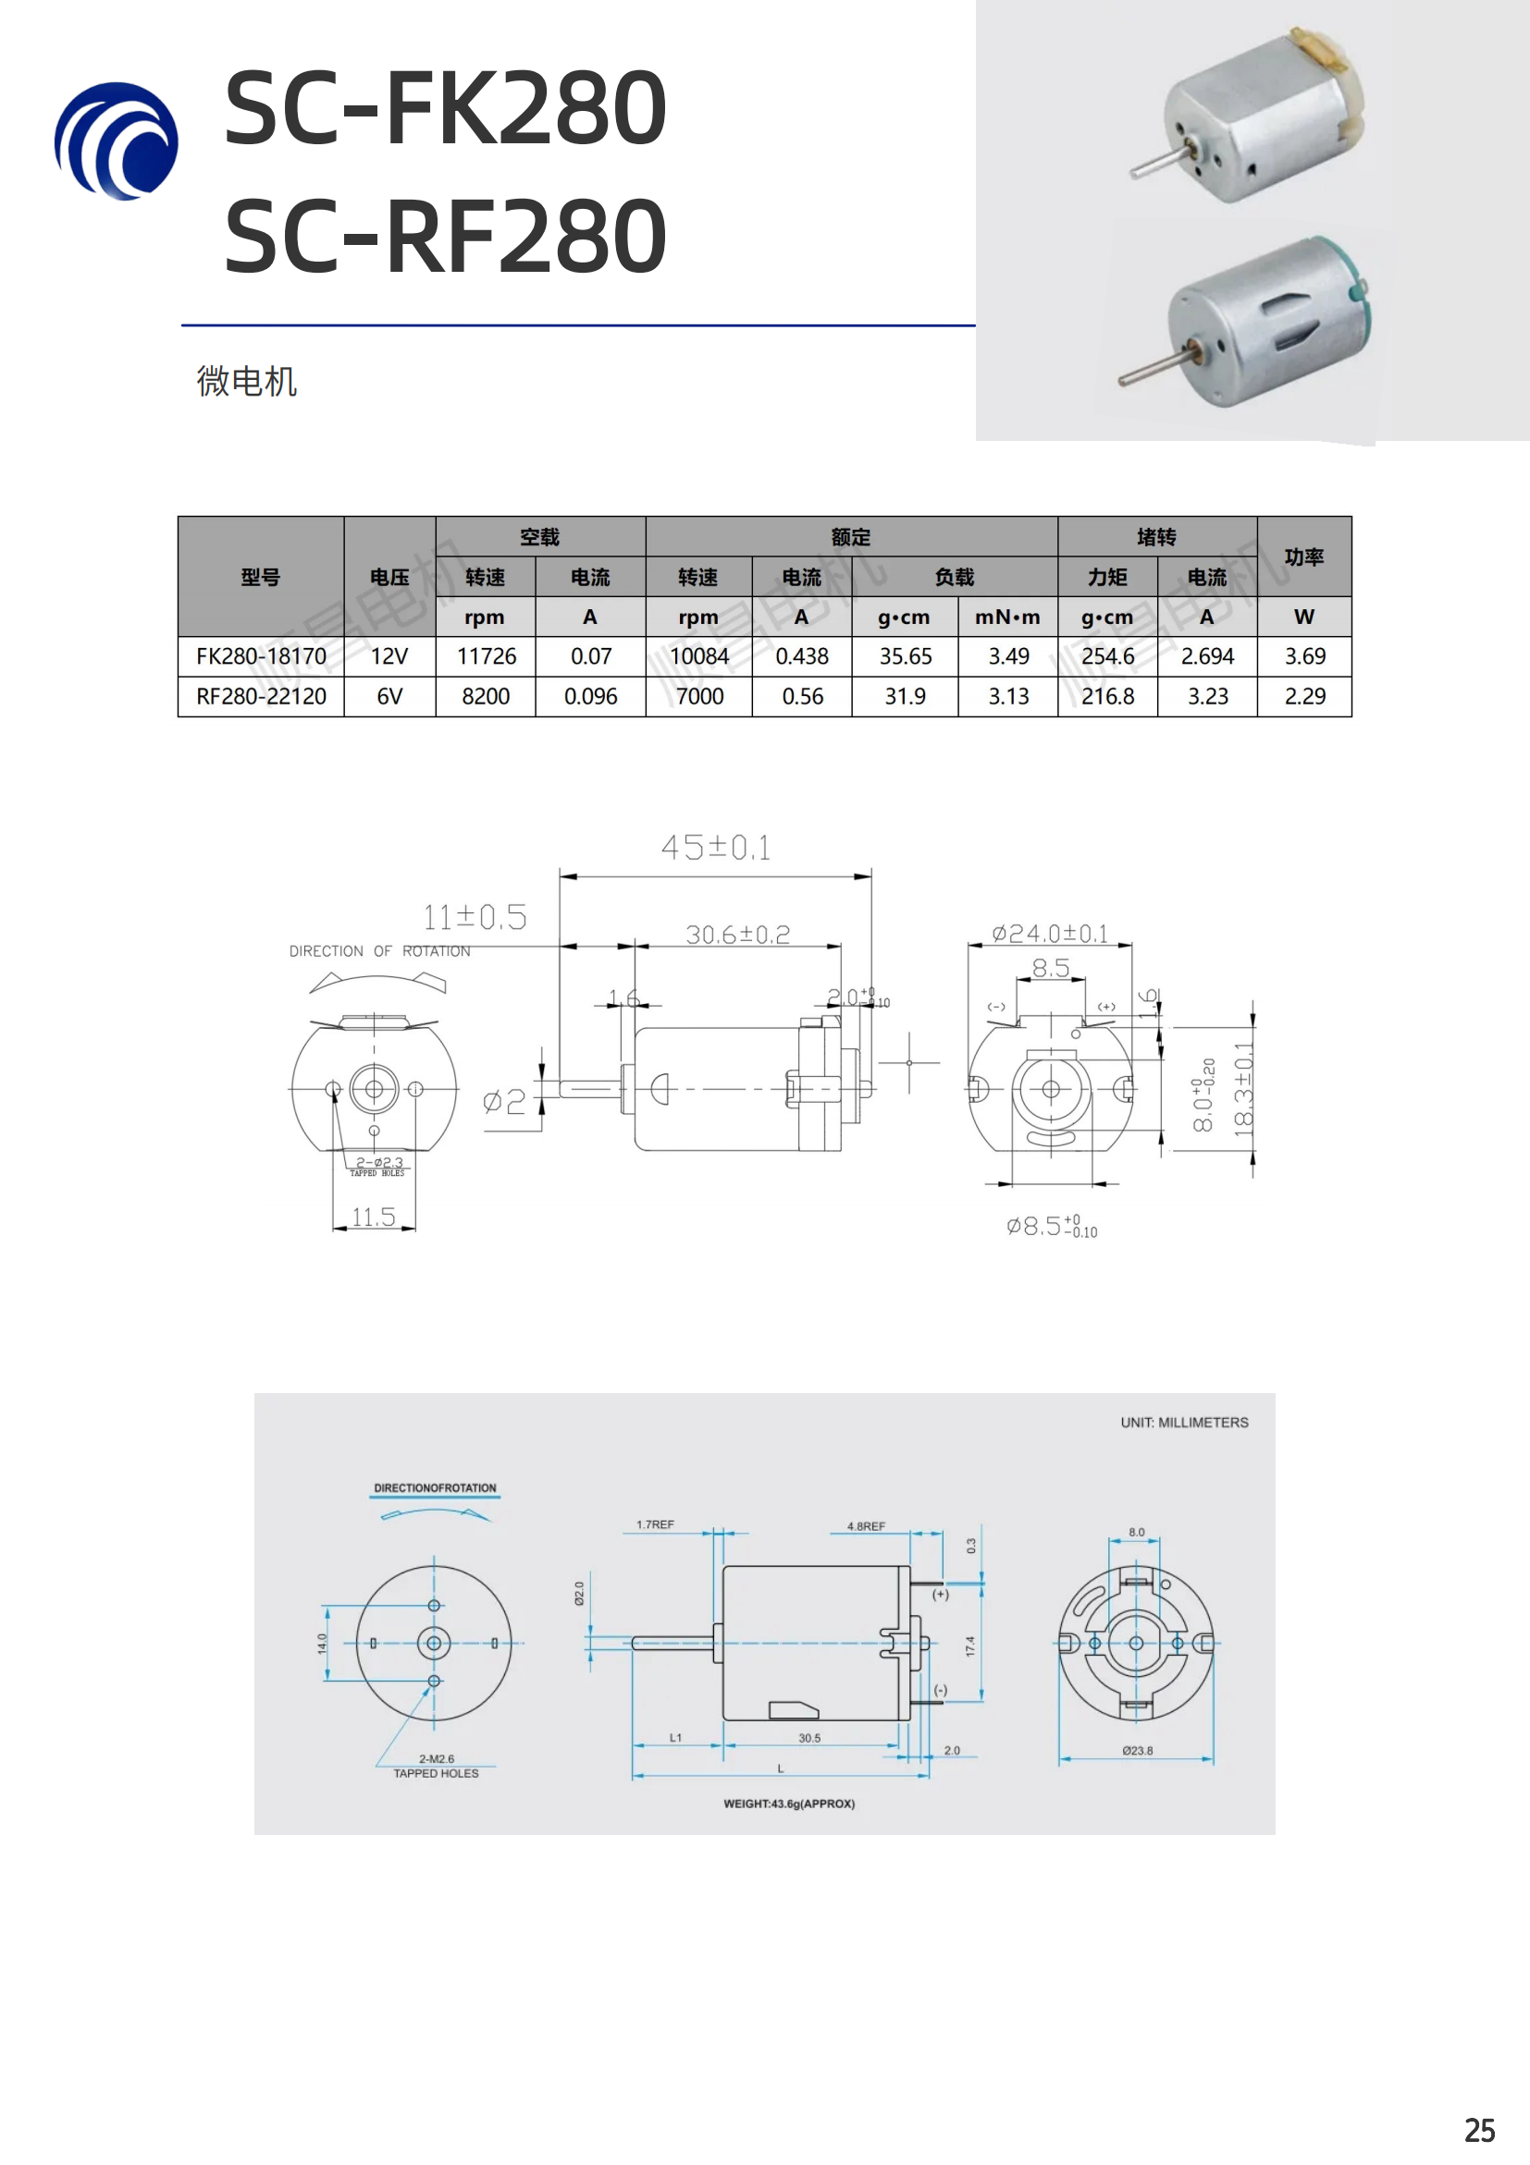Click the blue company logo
pyautogui.click(x=116, y=141)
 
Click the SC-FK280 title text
pyautogui.click(x=445, y=107)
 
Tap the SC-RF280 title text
pyautogui.click(x=445, y=236)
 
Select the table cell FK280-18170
pyautogui.click(x=261, y=656)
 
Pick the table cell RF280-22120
pyautogui.click(x=261, y=697)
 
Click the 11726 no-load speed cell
pyautogui.click(x=486, y=656)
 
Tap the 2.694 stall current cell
pyautogui.click(x=1206, y=656)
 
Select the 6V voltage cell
pyautogui.click(x=389, y=697)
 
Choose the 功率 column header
pyautogui.click(x=1303, y=557)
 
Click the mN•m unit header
pyautogui.click(x=1007, y=617)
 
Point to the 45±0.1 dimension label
pyautogui.click(x=715, y=847)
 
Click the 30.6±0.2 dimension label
pyautogui.click(x=737, y=935)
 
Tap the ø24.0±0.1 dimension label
pyautogui.click(x=1049, y=934)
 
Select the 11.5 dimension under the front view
pyautogui.click(x=374, y=1217)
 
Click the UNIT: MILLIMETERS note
pyautogui.click(x=1184, y=1422)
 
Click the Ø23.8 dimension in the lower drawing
pyautogui.click(x=1137, y=1750)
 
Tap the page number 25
pyautogui.click(x=1479, y=2130)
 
